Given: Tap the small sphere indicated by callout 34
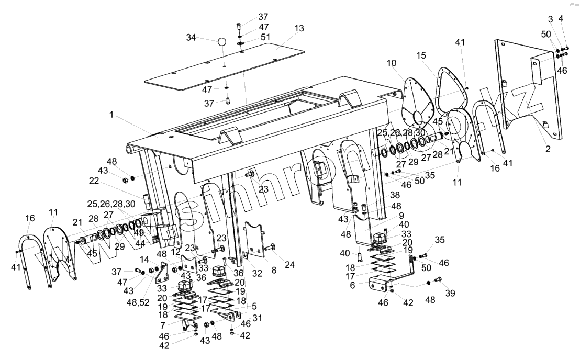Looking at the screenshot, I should [222, 42].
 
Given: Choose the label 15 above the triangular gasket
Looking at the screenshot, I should [422, 55].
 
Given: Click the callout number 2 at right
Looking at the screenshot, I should [548, 149].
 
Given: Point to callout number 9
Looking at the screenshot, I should [386, 215].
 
